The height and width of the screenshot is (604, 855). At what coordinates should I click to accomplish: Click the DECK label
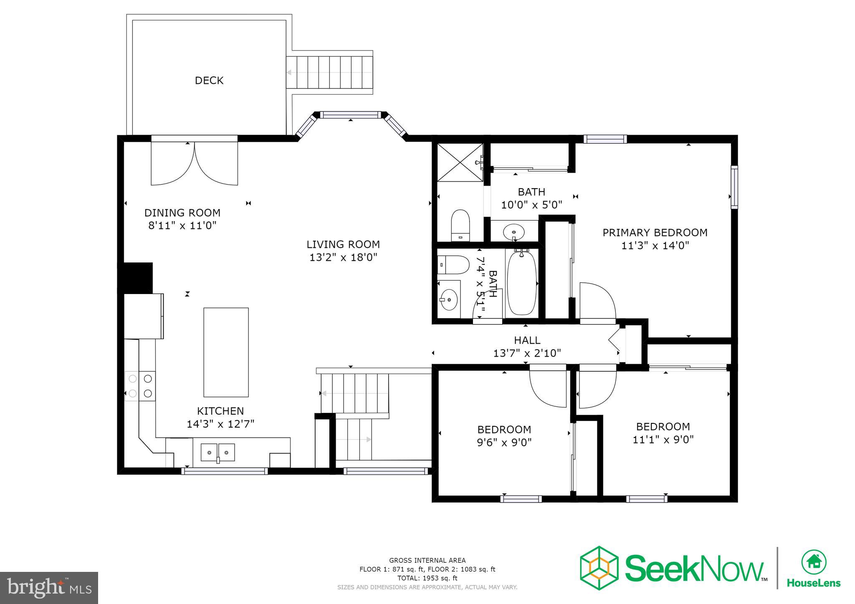tap(209, 80)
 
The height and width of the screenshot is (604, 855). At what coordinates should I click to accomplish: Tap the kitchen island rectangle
tap(226, 352)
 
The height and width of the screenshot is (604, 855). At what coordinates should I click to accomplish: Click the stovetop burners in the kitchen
tap(140, 386)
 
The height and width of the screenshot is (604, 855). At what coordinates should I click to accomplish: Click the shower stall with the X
tap(459, 162)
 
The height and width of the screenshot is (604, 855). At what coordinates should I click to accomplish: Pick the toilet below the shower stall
tap(460, 224)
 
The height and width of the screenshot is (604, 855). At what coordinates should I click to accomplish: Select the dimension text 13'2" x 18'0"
tap(343, 257)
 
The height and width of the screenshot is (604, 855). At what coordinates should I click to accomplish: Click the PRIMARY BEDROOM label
tap(655, 232)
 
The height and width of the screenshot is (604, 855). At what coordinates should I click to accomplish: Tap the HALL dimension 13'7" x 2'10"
tap(527, 353)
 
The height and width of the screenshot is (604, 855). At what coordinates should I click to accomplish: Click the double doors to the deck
tap(194, 163)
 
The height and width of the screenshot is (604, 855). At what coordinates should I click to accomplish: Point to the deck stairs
tap(330, 73)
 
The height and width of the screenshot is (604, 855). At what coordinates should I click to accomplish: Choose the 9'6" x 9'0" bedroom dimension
tap(504, 442)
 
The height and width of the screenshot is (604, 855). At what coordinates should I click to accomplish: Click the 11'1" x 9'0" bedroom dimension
tap(663, 439)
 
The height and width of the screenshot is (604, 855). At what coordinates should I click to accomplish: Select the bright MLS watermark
tap(49, 588)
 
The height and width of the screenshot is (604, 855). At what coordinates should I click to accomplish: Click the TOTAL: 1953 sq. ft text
tap(427, 578)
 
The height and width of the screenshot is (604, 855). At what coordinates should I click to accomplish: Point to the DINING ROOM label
tap(182, 213)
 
